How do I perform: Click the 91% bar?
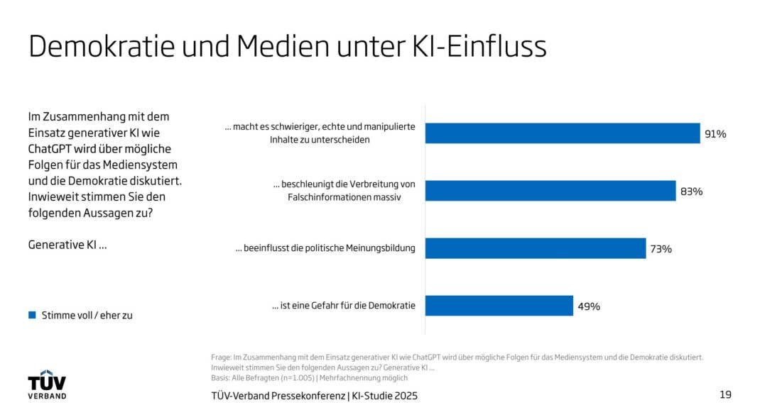tap(563, 133)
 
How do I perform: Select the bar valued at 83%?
tap(550, 191)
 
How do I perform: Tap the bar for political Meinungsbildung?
tap(536, 248)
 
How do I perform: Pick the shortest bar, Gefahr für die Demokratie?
tap(499, 306)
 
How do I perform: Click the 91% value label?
tap(715, 133)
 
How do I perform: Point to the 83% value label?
tap(691, 191)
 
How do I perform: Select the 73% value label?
tap(661, 248)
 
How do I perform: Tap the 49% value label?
tap(589, 306)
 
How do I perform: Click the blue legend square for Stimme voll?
tap(32, 315)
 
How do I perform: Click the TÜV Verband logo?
tap(47, 384)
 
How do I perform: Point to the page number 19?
tap(725, 394)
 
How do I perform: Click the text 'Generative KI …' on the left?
tap(67, 244)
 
